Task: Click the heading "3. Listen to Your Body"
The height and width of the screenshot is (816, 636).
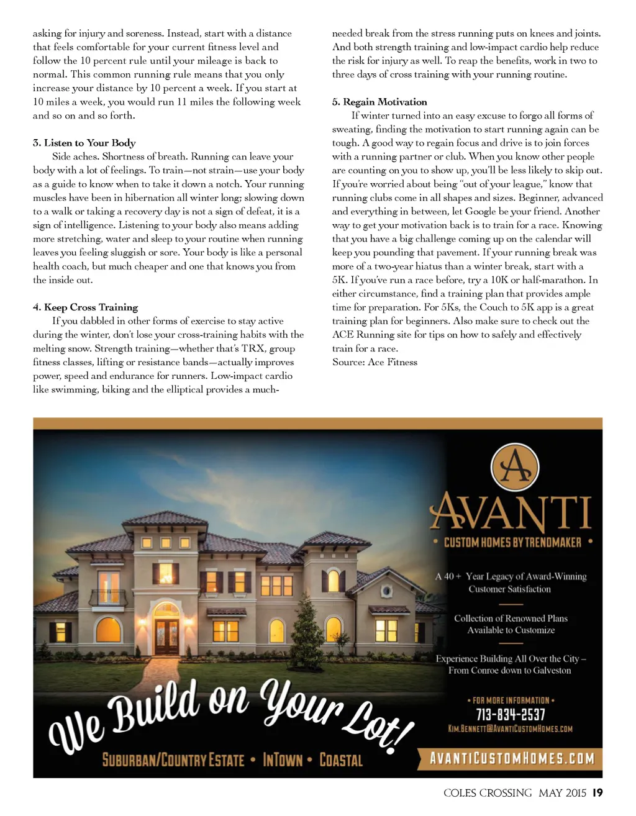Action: [x=84, y=143]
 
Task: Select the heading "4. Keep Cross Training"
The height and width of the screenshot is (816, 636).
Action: [x=85, y=307]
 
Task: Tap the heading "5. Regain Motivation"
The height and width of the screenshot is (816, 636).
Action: [x=379, y=102]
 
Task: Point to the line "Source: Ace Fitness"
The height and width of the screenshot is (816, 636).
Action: [x=375, y=362]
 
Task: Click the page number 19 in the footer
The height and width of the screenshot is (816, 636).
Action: [x=597, y=792]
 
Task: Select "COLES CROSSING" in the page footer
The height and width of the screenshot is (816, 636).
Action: [x=488, y=792]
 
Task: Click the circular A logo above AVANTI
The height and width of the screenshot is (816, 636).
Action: [x=515, y=466]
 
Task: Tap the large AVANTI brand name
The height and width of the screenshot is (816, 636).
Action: [x=510, y=512]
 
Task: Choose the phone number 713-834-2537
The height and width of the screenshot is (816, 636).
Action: [x=511, y=715]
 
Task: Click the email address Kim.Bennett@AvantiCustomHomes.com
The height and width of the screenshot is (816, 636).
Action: [x=510, y=728]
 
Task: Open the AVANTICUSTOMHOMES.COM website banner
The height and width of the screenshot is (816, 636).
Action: [x=512, y=758]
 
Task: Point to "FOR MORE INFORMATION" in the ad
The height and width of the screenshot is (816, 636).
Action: [x=511, y=700]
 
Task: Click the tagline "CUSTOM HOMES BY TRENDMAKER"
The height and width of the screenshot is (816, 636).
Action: [x=512, y=542]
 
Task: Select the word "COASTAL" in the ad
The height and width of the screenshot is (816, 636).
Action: [x=341, y=760]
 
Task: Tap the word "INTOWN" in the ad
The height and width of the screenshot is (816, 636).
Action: [x=283, y=760]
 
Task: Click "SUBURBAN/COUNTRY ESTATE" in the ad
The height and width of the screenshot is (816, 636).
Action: [x=173, y=760]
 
